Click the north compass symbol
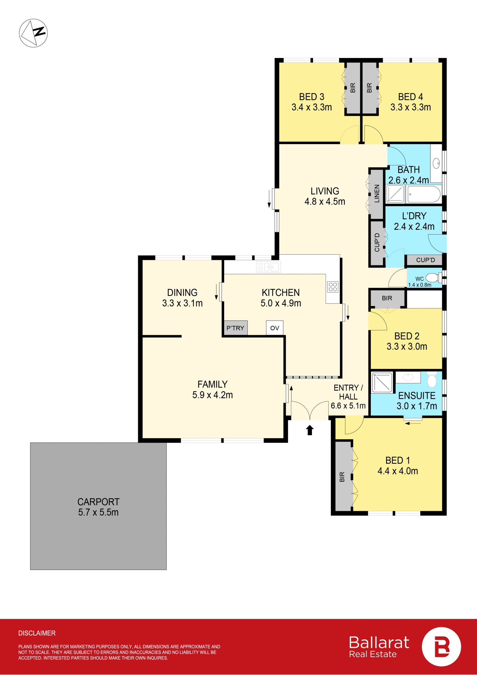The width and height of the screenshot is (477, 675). pos(33,33)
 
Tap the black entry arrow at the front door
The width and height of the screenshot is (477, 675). pos(310,430)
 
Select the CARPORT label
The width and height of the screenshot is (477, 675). pos(98,501)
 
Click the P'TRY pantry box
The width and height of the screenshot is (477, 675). pos(236,328)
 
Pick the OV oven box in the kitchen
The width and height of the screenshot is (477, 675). pos(275,328)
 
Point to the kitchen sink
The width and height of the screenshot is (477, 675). pos(269,267)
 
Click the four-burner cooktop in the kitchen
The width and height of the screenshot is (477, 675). pos(333,287)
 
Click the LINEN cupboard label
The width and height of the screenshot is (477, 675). pos(377,193)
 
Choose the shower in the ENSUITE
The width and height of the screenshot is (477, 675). pos(382,382)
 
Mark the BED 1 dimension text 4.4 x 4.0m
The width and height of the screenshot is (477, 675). pos(398,471)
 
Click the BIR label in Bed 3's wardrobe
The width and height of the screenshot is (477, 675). pos(353,88)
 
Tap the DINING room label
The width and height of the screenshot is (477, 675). pos(182,293)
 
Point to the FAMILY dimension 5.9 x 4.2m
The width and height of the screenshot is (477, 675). pos(213,395)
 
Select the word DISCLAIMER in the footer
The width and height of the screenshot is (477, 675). pos(37,633)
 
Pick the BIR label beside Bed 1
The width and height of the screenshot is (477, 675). pos(342,477)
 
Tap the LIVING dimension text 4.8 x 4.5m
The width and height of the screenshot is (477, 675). pos(325,201)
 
